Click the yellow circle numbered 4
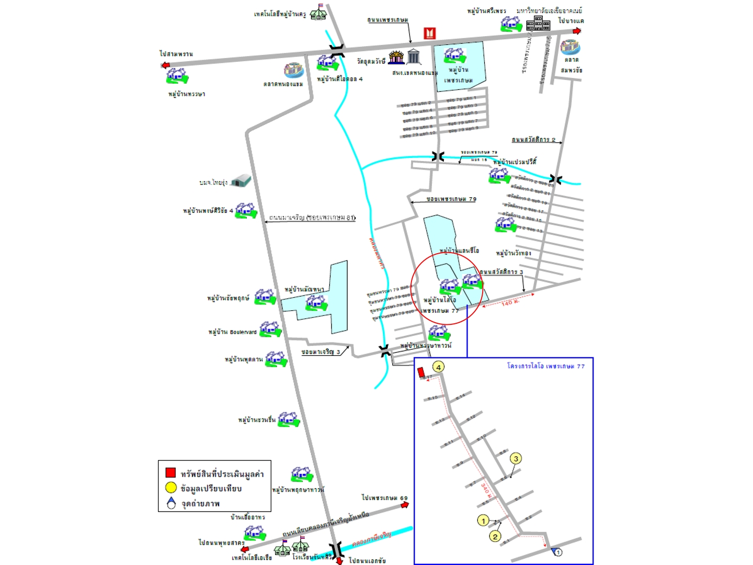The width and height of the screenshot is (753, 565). pos(438,367)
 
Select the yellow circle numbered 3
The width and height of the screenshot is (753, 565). pos(516,459)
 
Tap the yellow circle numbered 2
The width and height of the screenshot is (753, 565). pos(495,536)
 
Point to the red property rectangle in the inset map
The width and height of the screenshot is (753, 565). pos(421,372)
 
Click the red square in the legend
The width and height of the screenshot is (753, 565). pos(170,472)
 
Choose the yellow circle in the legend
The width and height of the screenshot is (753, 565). pos(170,488)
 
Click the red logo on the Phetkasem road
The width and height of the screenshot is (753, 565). pos(429,33)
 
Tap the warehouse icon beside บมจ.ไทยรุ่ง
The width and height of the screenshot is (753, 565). pos(241,180)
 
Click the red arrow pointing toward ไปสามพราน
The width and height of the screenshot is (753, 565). pos(166,65)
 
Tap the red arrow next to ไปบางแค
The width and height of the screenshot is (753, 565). pos(576,31)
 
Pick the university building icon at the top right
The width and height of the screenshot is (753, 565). pos(538,23)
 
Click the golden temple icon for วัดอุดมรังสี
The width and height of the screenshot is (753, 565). pos(396,57)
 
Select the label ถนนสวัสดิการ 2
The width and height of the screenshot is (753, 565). pos(533,140)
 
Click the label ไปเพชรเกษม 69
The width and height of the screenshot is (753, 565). pos(384,498)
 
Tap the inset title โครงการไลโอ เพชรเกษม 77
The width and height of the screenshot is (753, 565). pos(545,366)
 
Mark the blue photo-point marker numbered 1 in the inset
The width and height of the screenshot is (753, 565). pos(557,552)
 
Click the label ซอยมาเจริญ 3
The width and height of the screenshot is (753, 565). pos(321,352)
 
